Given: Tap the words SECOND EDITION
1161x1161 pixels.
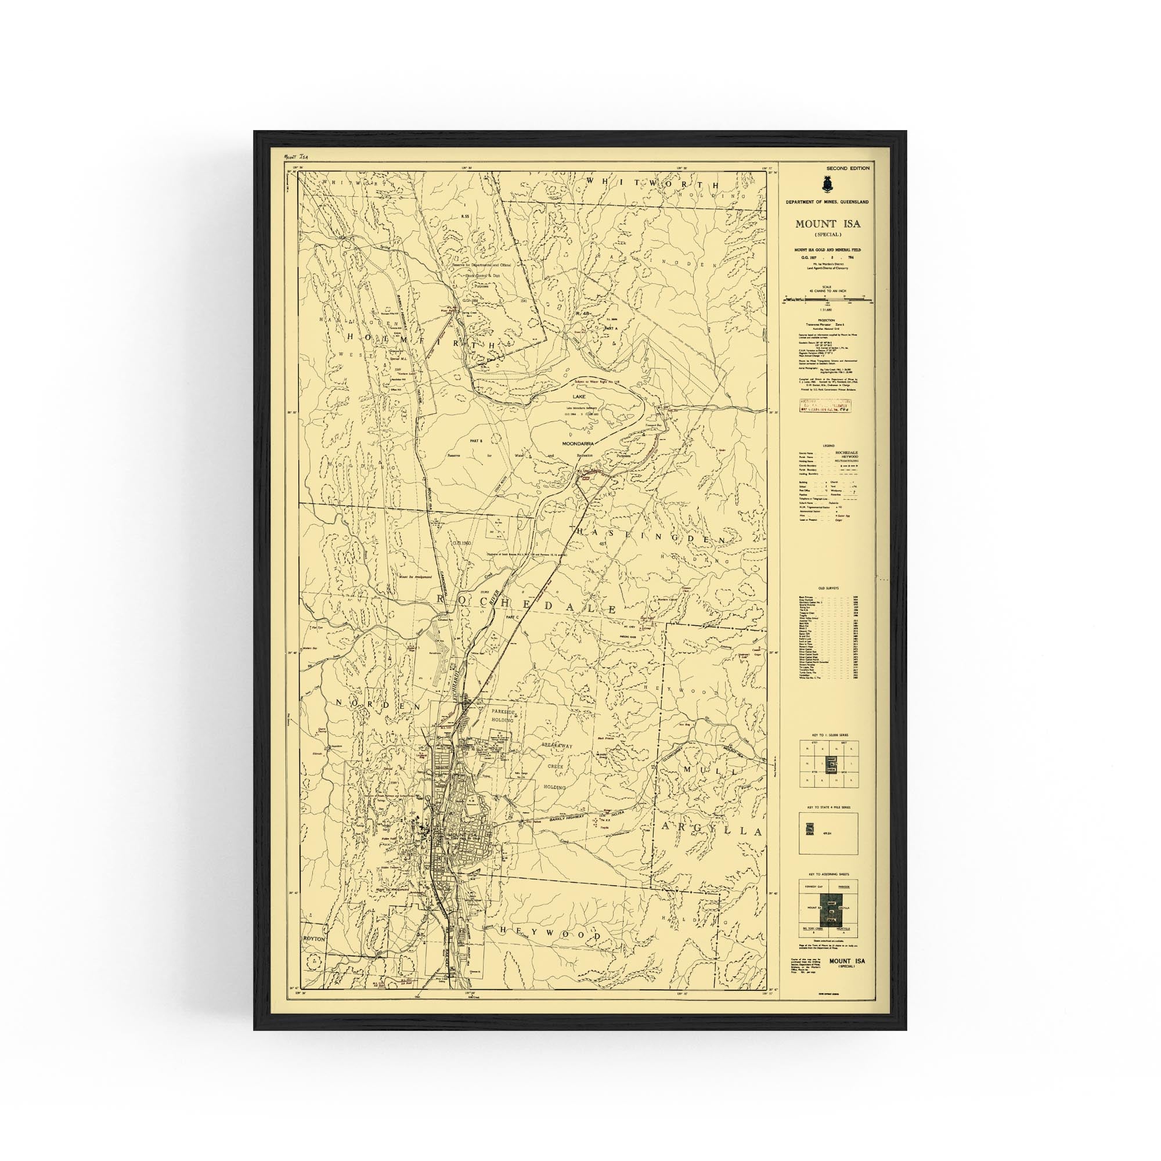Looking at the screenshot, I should point(848,168).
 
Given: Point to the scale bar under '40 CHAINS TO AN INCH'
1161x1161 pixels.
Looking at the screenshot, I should point(827,298).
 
